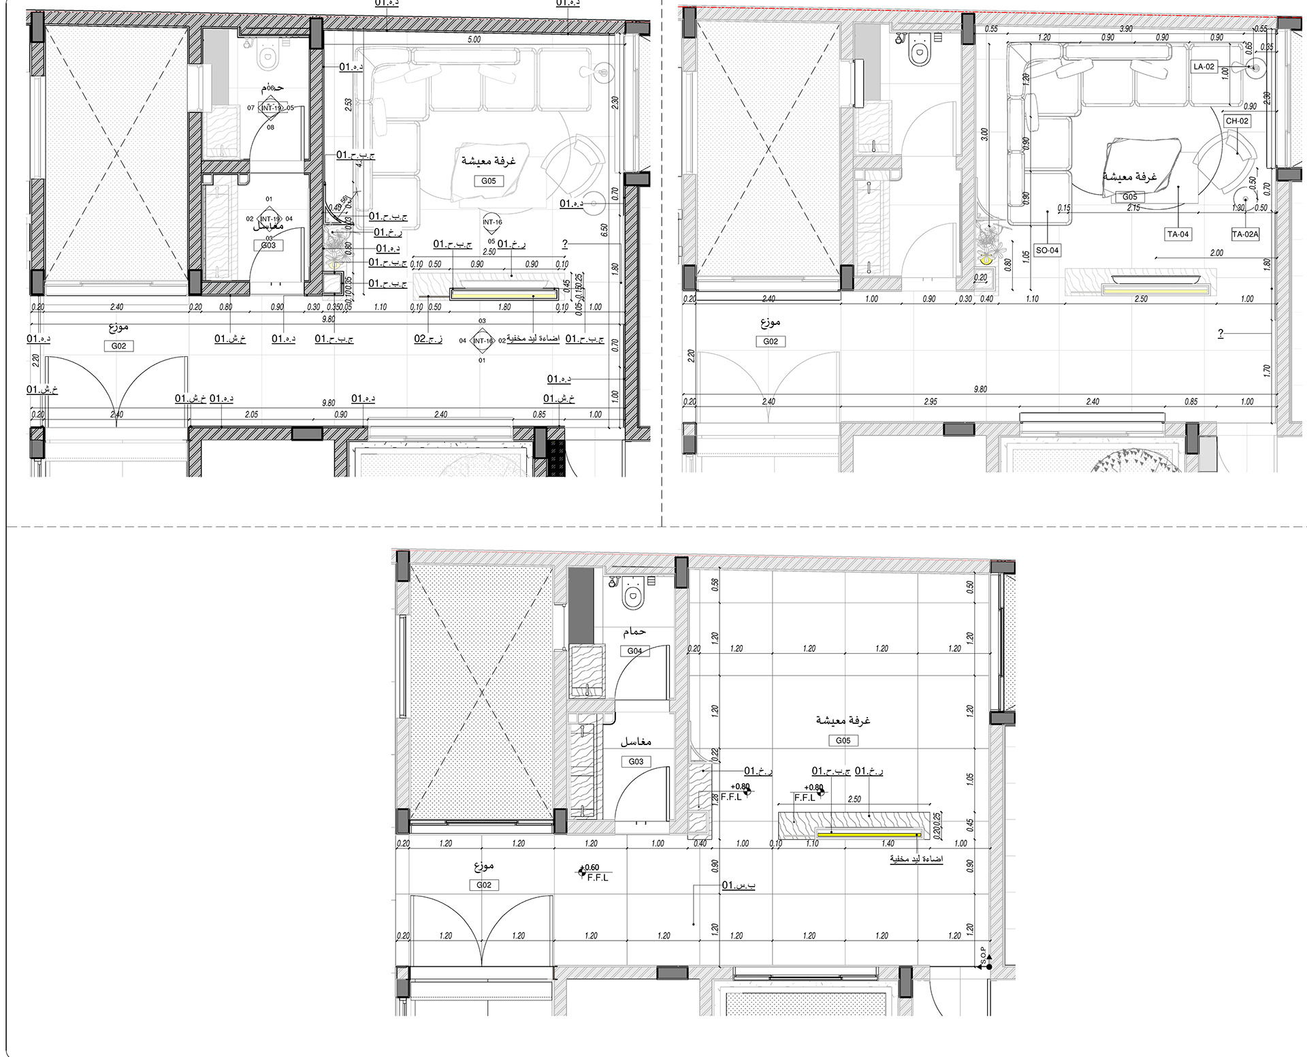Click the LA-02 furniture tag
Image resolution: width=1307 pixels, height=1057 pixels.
click(1204, 67)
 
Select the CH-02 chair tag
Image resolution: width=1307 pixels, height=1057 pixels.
click(1237, 121)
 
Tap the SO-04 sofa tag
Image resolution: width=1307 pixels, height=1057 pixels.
click(1047, 251)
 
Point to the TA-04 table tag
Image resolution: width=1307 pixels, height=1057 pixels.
click(1178, 234)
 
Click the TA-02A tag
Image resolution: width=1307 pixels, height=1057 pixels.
click(1245, 234)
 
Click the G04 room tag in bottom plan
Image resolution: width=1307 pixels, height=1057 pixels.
click(634, 651)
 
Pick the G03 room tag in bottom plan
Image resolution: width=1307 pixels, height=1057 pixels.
click(636, 761)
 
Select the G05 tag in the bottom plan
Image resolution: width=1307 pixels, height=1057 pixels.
click(843, 740)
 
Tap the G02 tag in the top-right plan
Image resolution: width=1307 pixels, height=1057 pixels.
click(771, 341)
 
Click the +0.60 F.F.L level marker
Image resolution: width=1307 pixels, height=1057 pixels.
click(591, 872)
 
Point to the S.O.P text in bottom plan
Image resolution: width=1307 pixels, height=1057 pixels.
click(982, 956)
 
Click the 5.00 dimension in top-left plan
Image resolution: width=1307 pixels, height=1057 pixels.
click(474, 40)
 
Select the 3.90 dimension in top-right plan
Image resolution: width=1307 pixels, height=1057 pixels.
click(1127, 29)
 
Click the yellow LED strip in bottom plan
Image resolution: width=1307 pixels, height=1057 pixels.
click(869, 834)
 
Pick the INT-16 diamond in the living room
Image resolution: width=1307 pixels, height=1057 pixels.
click(492, 223)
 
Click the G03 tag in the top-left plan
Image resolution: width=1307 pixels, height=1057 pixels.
click(268, 245)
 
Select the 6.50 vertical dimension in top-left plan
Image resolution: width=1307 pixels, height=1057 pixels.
click(604, 230)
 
